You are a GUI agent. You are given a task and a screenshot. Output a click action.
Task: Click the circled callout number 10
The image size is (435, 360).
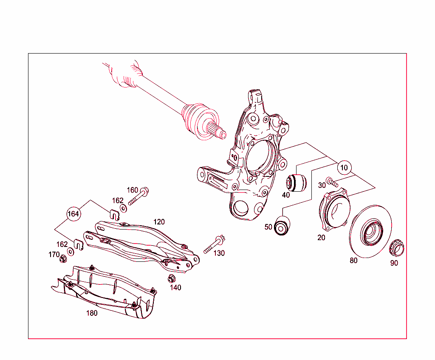pyautogui.click(x=344, y=167)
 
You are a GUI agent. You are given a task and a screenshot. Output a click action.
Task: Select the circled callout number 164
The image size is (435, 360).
pyautogui.click(x=73, y=214)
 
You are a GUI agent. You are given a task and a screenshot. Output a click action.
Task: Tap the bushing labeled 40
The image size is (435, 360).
pyautogui.click(x=297, y=182)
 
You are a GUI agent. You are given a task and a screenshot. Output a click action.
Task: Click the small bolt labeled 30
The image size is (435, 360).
pyautogui.click(x=331, y=183)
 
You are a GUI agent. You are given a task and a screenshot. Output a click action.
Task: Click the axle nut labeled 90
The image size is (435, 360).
pyautogui.click(x=397, y=246)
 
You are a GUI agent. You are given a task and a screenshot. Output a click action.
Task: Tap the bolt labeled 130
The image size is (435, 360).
pyautogui.click(x=214, y=244)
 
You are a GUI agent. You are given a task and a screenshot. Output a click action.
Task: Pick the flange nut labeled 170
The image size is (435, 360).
pyautogui.click(x=63, y=258)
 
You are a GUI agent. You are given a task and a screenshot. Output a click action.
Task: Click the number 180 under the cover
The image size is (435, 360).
pyautogui.click(x=92, y=313)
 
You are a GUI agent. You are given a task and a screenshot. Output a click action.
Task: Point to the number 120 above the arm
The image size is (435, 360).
pyautogui.click(x=159, y=222)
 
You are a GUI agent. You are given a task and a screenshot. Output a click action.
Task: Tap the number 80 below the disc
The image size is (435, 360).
pyautogui.click(x=353, y=261)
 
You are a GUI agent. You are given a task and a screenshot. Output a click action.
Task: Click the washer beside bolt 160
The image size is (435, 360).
pyautogui.click(x=123, y=208)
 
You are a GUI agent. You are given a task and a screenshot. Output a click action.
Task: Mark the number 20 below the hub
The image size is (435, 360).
pyautogui.click(x=321, y=238)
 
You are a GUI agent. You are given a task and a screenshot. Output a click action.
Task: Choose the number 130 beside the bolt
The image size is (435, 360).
pyautogui.click(x=219, y=253)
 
